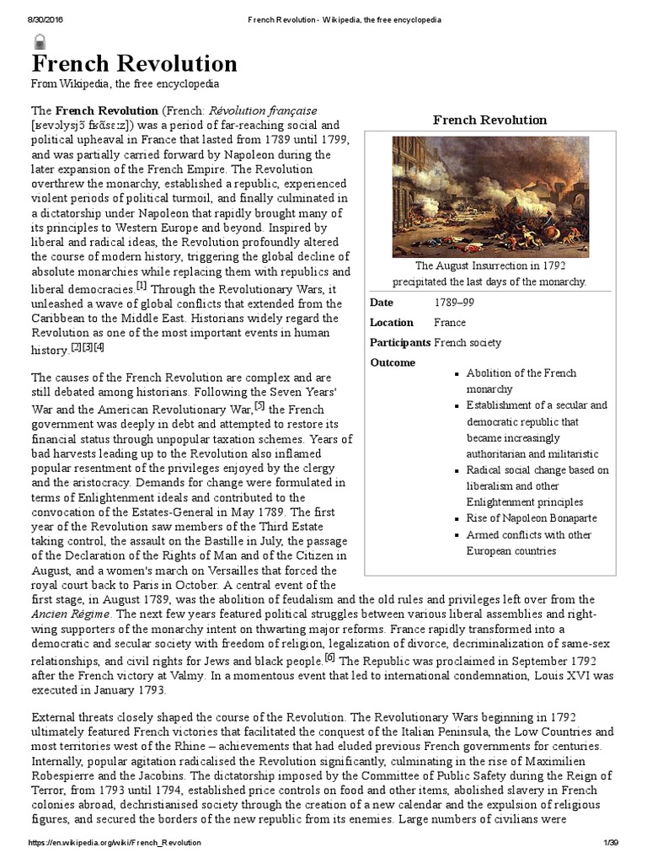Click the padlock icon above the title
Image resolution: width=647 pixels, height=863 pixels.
point(39,41)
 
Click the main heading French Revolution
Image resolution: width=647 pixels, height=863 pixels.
point(135,64)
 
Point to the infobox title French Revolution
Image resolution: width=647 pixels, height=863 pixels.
point(489,120)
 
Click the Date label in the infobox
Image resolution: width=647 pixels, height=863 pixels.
point(382,303)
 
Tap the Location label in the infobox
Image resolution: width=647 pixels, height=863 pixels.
point(392,323)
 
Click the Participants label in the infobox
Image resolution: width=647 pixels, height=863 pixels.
point(400,342)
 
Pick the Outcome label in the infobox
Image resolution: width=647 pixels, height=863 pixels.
point(393,362)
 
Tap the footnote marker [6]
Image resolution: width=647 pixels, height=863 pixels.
point(330,658)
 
